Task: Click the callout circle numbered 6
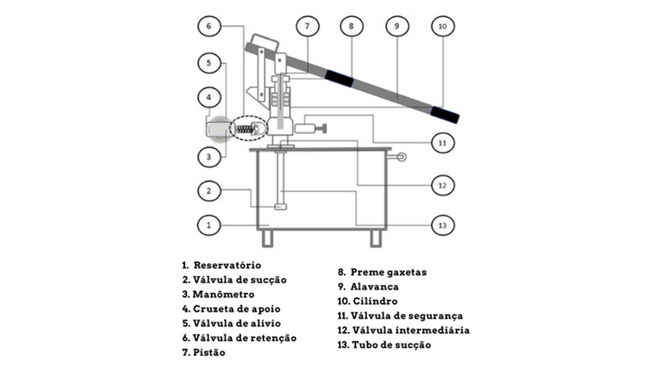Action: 208,26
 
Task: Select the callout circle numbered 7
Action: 307,26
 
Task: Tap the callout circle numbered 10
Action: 442,26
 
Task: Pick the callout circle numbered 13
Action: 442,224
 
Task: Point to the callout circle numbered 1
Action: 208,224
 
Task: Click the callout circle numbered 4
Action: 208,96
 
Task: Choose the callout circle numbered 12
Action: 442,184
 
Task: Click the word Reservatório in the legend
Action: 227,265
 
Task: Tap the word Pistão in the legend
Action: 209,353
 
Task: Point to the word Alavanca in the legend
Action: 374,286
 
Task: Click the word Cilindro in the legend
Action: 375,301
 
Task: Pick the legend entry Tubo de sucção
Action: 391,345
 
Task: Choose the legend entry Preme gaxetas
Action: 389,272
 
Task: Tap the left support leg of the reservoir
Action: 266,238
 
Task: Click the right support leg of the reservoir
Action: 375,238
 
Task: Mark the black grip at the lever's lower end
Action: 445,115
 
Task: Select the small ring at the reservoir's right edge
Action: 400,157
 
